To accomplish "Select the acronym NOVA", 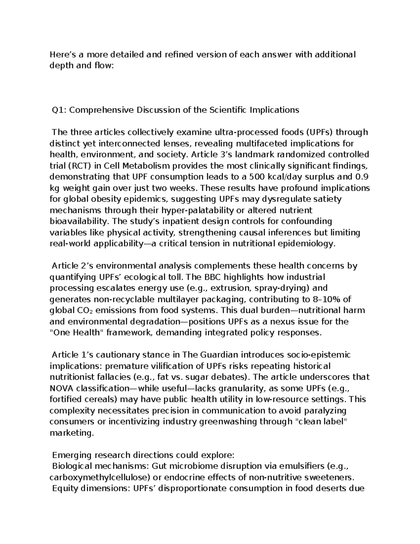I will tap(62, 388).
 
